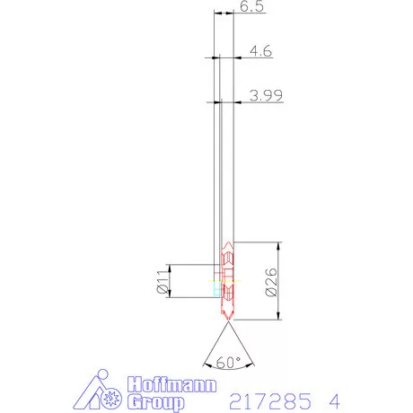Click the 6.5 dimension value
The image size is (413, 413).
click(252, 7)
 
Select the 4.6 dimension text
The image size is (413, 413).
click(260, 52)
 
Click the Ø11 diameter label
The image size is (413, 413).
click(163, 282)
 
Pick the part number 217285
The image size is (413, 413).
click(267, 397)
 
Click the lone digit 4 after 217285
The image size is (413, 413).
click(334, 397)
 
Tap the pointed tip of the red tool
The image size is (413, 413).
click(227, 320)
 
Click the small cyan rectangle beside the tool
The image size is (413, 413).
click(215, 290)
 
